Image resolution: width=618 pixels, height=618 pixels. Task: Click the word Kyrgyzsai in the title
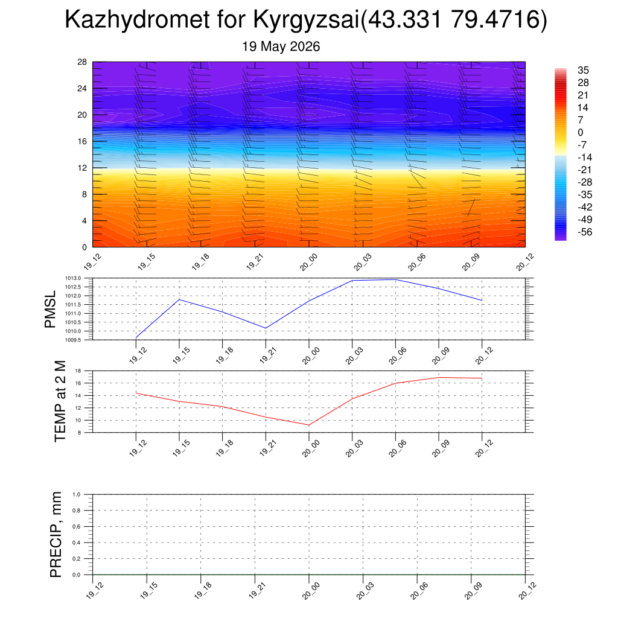[306, 20]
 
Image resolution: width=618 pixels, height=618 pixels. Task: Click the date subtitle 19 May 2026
[281, 46]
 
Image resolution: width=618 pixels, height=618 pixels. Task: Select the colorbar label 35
[584, 70]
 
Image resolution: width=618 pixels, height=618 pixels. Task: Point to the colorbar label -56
[585, 232]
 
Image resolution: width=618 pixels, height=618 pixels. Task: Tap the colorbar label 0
[580, 132]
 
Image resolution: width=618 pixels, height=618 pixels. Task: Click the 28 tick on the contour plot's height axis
[82, 62]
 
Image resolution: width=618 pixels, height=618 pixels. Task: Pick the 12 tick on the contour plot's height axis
[82, 168]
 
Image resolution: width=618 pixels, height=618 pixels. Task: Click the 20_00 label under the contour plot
[308, 262]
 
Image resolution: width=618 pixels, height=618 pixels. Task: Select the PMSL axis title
[50, 310]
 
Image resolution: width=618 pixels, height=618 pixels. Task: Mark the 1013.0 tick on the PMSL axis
[73, 278]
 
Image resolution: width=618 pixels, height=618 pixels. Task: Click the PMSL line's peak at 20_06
[396, 279]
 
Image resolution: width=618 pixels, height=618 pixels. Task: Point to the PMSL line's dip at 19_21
[266, 328]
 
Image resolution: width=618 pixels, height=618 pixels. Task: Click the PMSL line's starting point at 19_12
[136, 337]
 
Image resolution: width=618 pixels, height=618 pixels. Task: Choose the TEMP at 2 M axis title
[60, 401]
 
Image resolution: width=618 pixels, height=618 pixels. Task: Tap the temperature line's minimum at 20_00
[308, 425]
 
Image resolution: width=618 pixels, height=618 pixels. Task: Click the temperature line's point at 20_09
[439, 378]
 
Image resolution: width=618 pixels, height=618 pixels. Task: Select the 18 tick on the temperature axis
[78, 371]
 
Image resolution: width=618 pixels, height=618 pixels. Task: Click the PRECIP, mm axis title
[56, 535]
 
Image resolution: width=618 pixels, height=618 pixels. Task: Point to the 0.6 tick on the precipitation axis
[77, 526]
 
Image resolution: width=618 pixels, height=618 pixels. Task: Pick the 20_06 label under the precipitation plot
[419, 591]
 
